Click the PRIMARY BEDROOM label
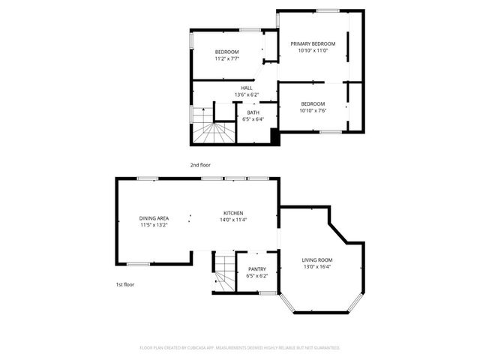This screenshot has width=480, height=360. pos(313,44)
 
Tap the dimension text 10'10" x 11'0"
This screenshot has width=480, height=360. pos(313,52)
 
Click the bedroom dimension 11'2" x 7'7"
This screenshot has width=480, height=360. pos(226,58)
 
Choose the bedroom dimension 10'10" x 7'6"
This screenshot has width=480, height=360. pos(313,111)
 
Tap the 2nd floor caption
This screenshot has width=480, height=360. pos(199,163)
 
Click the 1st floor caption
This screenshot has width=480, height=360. pos(124,285)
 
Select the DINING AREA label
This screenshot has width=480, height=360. pos(154,217)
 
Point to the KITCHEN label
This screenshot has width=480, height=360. pos(234,213)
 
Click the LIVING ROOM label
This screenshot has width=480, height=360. pos(317,259)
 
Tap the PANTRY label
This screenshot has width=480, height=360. pos(257,268)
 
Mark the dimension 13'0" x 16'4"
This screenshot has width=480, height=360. pos(317,266)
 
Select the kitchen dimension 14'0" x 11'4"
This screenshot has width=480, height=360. pos(234,220)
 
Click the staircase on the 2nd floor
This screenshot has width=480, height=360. pos(214,133)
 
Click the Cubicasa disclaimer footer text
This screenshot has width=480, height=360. pos(240,348)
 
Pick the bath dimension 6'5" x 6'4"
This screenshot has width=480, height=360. pos(253,118)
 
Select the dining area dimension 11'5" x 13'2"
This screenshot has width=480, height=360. pos(154,224)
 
